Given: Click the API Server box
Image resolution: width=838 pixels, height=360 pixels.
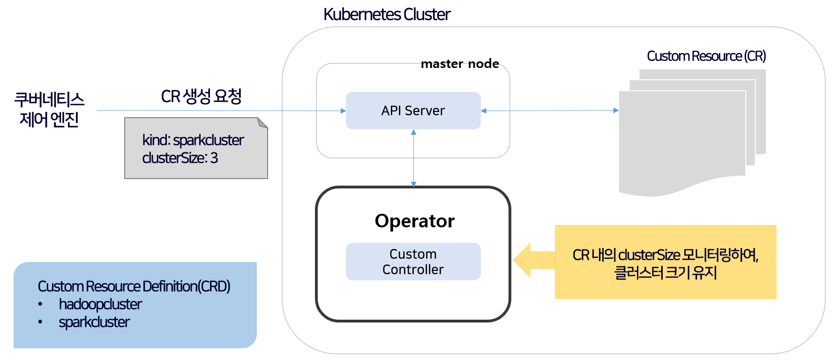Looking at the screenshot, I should point(413,111).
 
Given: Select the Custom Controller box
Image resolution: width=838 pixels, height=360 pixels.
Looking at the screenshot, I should point(413,262).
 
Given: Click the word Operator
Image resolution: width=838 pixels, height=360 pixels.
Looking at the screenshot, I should point(414,221).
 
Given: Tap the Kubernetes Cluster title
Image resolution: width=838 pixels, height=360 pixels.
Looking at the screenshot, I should point(387,15).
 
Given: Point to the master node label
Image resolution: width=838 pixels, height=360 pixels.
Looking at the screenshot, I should point(460,64).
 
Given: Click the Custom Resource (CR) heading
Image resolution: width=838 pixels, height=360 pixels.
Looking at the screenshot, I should point(706,56).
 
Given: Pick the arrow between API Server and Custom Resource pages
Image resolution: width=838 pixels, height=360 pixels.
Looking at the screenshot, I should point(549,111).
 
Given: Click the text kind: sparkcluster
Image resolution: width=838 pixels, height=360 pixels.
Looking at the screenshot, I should point(193,140).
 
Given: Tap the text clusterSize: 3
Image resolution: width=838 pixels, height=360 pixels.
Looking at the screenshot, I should point(180,158).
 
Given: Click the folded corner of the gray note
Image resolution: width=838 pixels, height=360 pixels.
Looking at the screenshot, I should point(262,123).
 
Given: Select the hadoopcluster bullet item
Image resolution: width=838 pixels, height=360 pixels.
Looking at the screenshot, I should point(100,304).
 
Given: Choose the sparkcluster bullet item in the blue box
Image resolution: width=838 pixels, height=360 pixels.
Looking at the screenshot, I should point(94,322).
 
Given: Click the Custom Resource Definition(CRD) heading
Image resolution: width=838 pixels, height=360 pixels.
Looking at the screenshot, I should point(134,286).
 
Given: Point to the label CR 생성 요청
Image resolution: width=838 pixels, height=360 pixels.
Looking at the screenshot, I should point(201,97).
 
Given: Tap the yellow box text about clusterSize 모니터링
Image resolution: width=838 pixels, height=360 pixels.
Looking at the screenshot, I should point(665,263).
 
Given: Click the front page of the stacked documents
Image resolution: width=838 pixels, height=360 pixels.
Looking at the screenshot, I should point(682,141).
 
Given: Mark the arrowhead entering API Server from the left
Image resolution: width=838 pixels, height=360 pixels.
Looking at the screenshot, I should point(343,111).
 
